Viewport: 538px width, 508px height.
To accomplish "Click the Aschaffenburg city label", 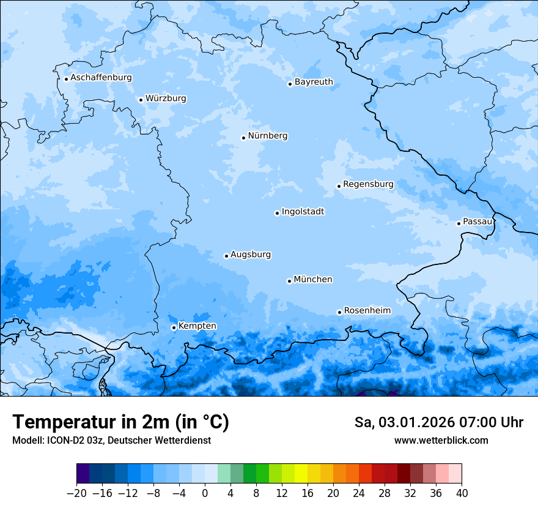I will [x=101, y=78].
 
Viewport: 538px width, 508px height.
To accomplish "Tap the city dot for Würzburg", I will [x=141, y=100].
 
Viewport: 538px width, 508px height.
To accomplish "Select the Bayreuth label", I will [x=314, y=82].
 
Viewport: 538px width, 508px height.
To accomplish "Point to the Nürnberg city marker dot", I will [x=243, y=138].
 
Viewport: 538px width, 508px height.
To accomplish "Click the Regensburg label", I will [x=368, y=184].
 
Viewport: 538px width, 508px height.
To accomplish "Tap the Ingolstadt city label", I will [x=303, y=212].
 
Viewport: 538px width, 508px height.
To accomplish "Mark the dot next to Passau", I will [x=459, y=223].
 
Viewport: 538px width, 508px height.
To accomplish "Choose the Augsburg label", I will [x=251, y=255].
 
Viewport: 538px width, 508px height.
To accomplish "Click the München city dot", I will [x=289, y=281].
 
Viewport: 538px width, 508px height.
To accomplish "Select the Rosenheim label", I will [x=367, y=311].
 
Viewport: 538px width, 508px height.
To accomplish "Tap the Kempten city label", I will [x=197, y=326].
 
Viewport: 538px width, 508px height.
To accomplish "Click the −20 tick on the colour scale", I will [x=77, y=493].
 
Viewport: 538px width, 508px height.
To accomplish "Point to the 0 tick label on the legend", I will [x=205, y=493].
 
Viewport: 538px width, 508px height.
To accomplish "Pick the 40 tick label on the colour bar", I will [x=462, y=493].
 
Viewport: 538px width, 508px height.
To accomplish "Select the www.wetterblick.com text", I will [x=441, y=440].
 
